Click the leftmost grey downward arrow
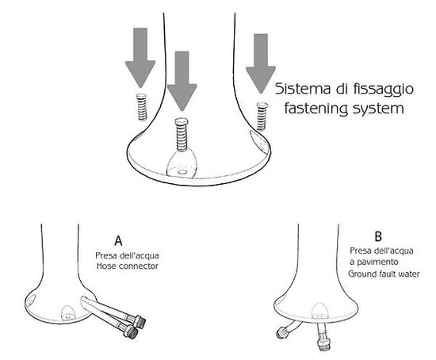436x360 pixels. click(140, 57)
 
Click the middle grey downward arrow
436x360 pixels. click(182, 81)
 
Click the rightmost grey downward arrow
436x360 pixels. click(261, 63)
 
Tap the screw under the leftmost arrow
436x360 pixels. click(142, 107)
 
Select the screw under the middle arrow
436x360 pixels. click(182, 135)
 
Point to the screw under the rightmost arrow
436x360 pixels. click(262, 116)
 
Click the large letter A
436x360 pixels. click(118, 240)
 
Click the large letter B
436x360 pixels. click(378, 236)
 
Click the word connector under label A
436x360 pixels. click(138, 266)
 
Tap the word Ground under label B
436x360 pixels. click(361, 274)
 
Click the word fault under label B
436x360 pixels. click(384, 274)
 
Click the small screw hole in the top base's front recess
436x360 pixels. click(182, 172)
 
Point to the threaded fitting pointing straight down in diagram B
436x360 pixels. click(323, 342)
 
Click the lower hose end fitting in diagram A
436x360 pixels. click(132, 331)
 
